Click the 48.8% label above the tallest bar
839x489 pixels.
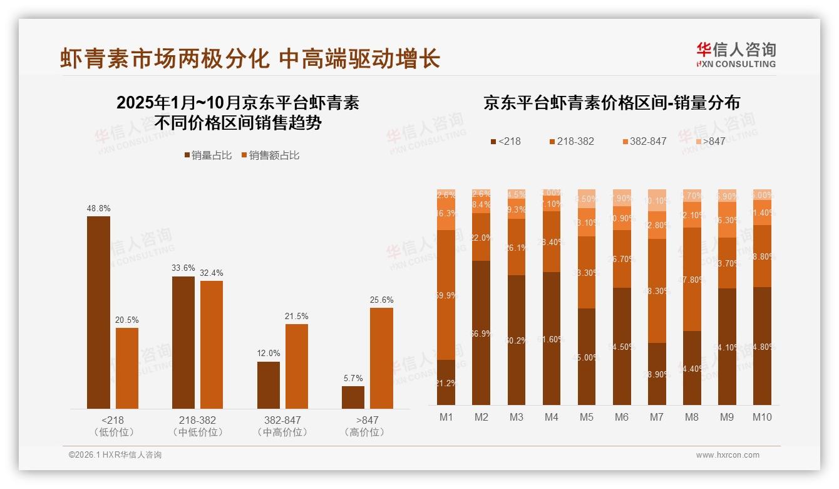point(98,208)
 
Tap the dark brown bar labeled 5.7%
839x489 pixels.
point(353,397)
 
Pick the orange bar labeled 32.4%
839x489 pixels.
point(212,345)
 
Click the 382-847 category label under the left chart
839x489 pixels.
point(282,420)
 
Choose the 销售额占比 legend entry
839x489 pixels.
point(270,155)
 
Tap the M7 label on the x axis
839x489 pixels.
point(657,417)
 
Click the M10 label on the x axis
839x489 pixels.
point(762,417)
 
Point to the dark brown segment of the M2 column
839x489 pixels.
point(481,332)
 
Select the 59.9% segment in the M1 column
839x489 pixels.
point(446,295)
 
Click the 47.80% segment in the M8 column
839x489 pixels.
point(692,279)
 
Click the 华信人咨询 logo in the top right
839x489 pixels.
point(736,55)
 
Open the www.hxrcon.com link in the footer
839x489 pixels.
point(728,455)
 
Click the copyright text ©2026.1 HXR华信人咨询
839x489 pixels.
point(115,455)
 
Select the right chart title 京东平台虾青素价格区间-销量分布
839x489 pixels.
point(611,103)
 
